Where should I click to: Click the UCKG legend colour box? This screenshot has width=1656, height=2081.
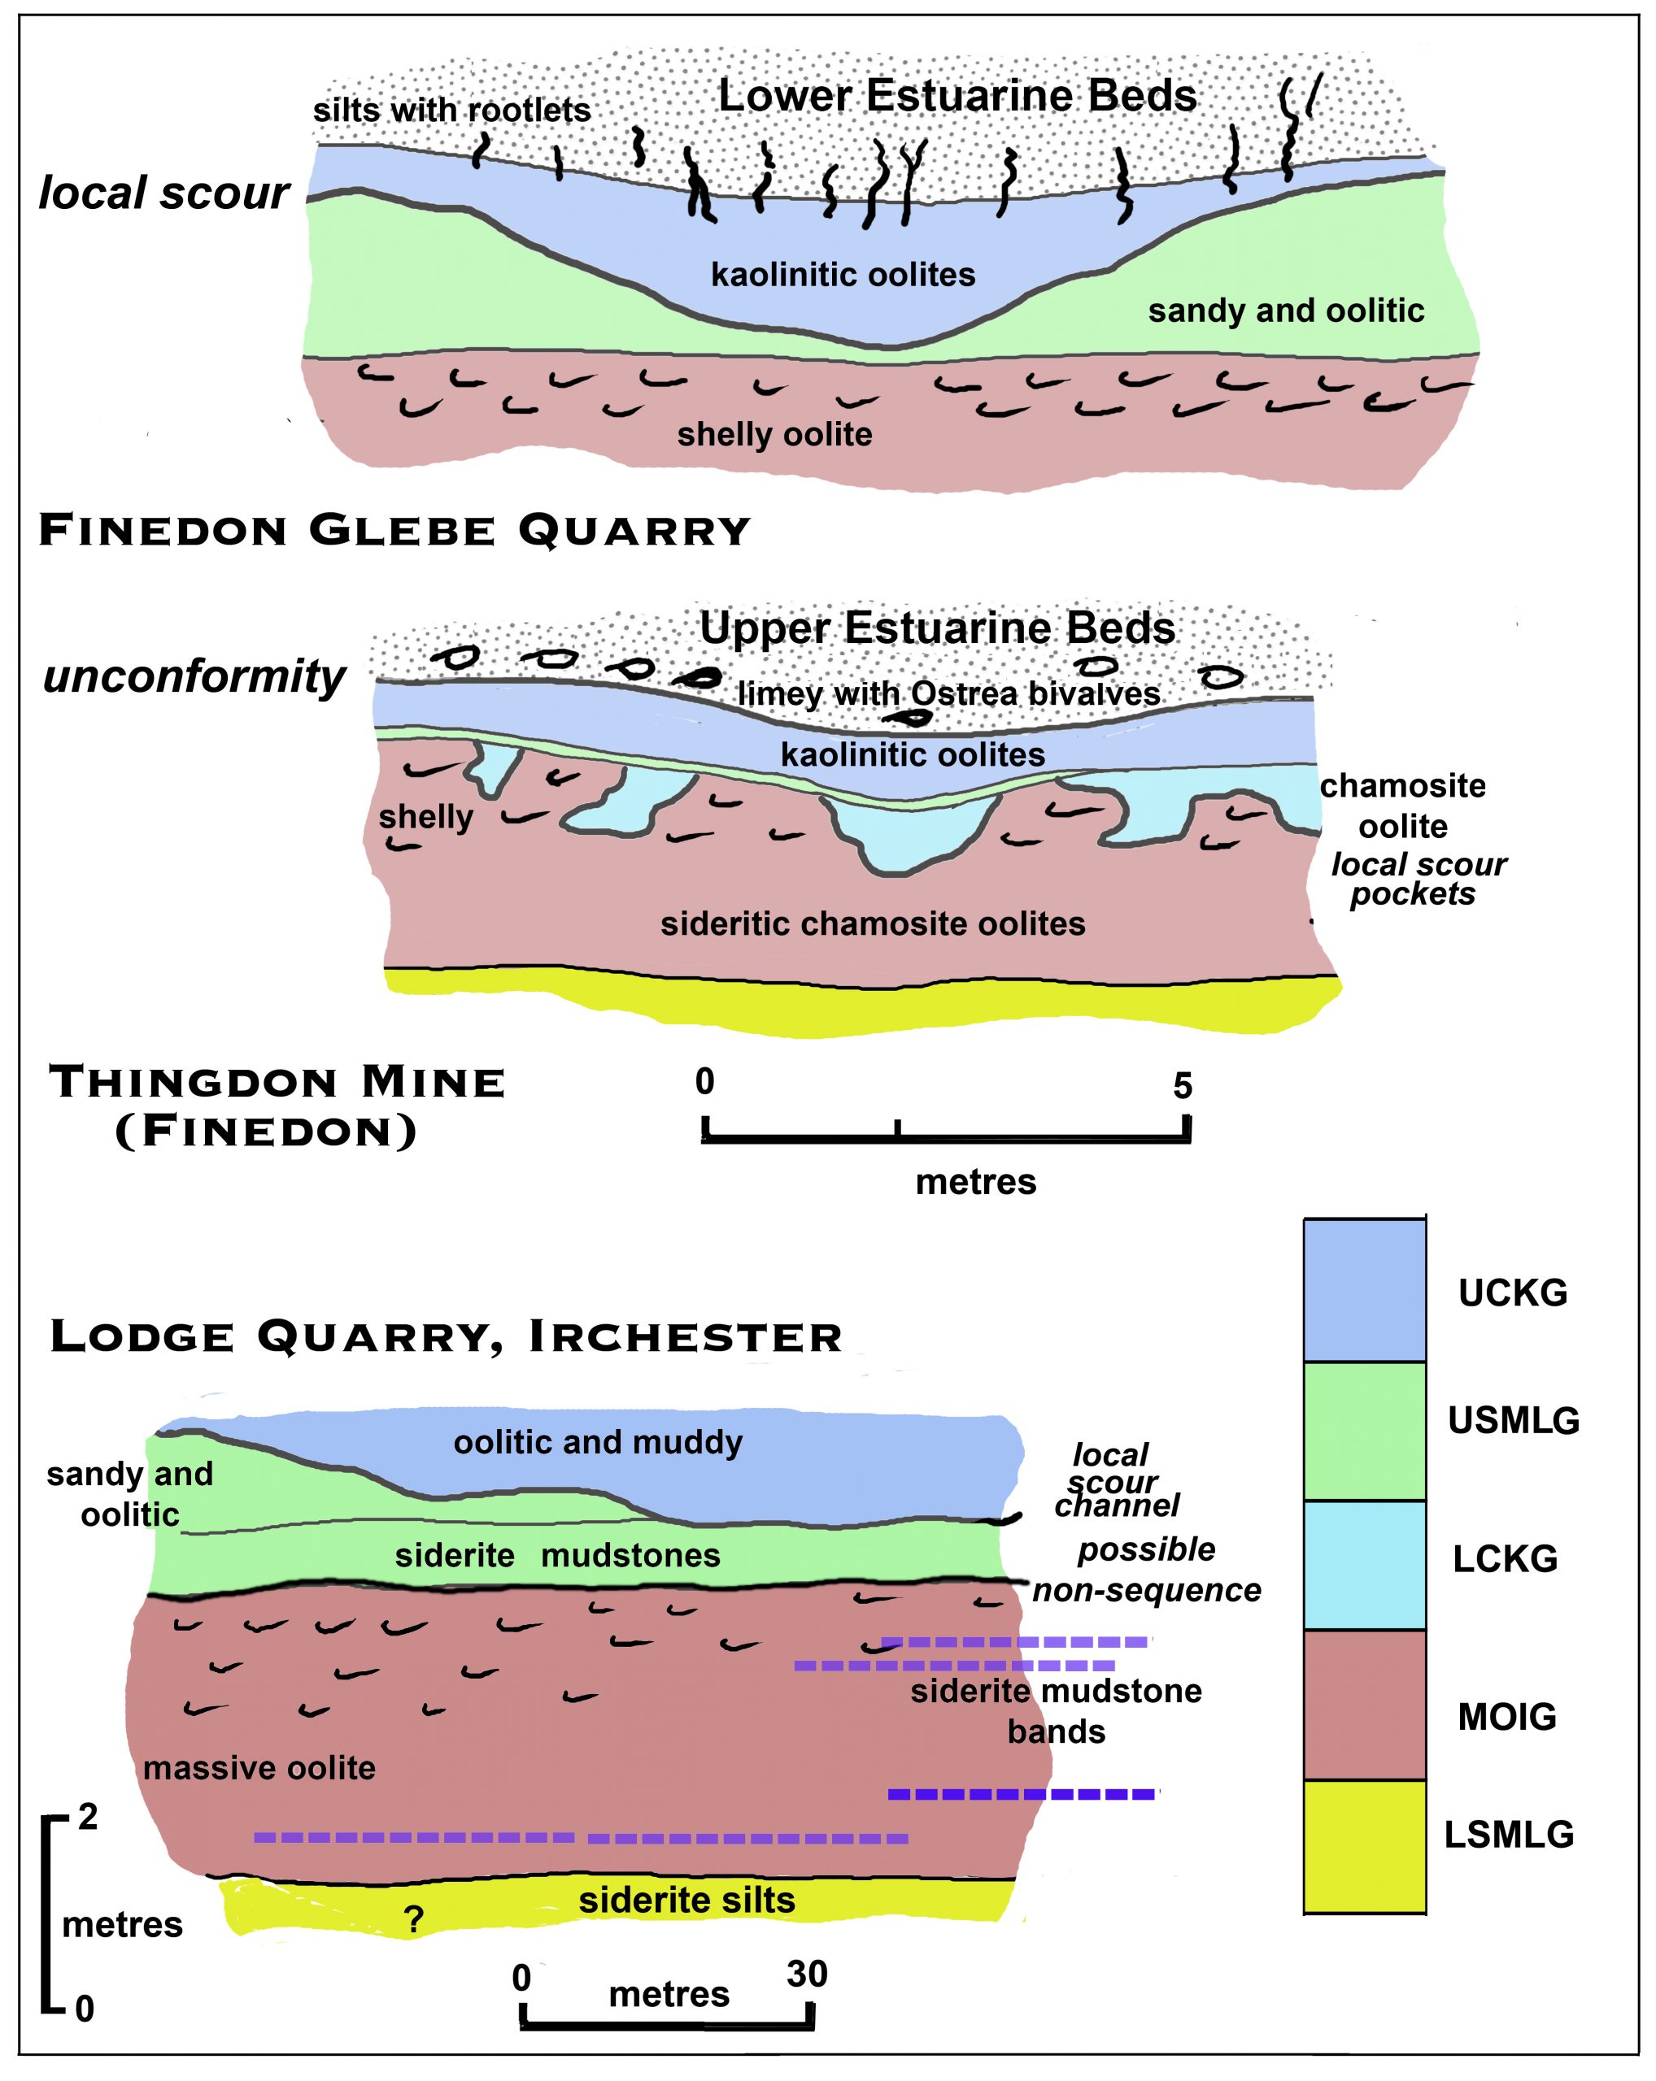(x=1363, y=1291)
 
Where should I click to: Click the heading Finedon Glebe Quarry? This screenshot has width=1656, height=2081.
(x=394, y=530)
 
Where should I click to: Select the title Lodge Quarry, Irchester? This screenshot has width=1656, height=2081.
(x=445, y=1337)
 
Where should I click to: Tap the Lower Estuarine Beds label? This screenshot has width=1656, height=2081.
(x=957, y=96)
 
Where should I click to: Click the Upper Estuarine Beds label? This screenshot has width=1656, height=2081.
(x=937, y=628)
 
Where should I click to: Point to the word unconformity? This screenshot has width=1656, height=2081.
(x=194, y=676)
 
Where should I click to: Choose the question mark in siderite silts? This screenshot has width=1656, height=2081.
(x=414, y=1920)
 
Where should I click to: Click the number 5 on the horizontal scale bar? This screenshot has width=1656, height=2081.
(x=1182, y=1086)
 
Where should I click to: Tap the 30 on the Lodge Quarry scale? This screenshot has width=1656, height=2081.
(x=806, y=1974)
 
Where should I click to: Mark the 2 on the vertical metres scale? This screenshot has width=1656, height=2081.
(x=88, y=1817)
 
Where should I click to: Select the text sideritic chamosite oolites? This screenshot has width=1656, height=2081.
(x=872, y=923)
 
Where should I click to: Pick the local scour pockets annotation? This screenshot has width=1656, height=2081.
(x=1417, y=879)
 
